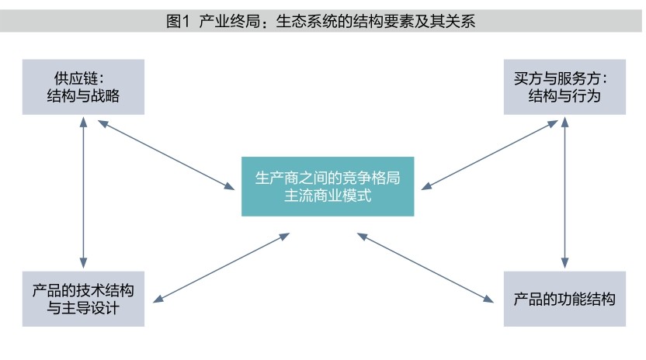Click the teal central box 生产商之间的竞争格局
328,186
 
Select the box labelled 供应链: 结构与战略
83,86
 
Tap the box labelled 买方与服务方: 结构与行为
564,86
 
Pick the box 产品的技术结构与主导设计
83,299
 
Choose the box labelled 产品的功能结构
564,299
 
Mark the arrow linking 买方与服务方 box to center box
489,154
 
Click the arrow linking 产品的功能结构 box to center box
427,265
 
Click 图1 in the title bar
178,22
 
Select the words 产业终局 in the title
226,22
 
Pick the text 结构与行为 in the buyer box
564,96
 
